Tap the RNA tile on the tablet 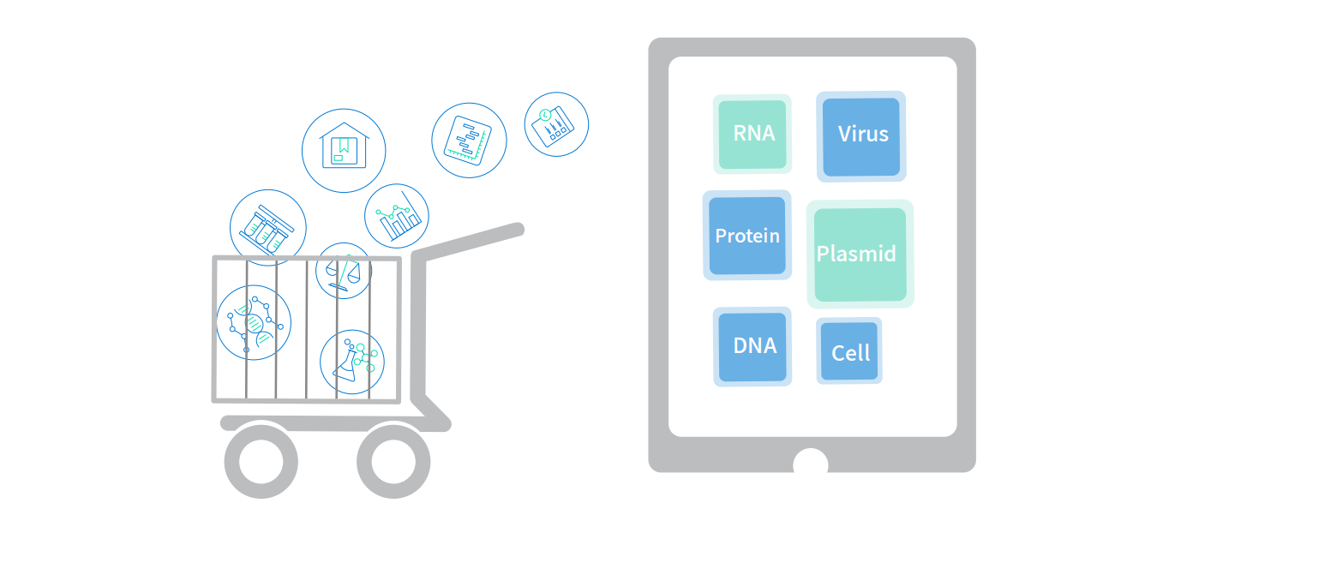coord(752,135)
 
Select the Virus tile coord(861,136)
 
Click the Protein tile coord(747,236)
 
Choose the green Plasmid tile coord(860,255)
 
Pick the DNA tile coord(752,346)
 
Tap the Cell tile coord(849,350)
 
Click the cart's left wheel coord(261,462)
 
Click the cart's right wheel coord(393,462)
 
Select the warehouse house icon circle coord(344,150)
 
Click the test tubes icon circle coord(268,228)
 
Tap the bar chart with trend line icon coord(396,216)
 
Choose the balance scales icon coord(344,271)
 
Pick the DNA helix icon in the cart coord(254,323)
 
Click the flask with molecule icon coord(352,362)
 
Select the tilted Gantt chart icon coord(469,141)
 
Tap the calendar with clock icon coord(556,124)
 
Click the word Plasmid coord(856,254)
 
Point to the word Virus coord(863,134)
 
